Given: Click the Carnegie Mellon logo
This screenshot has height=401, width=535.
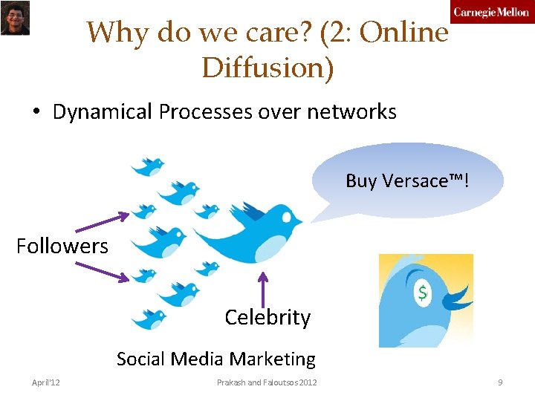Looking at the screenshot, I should [x=492, y=12].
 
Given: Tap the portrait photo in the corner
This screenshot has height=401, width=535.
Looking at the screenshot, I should [x=14, y=18].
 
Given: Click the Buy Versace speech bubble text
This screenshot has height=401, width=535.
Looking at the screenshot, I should [x=407, y=180].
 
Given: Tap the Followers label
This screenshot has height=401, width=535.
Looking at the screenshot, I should [x=62, y=246].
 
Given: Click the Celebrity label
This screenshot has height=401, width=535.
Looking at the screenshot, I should [x=267, y=317].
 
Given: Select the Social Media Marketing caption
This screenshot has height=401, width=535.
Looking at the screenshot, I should [x=215, y=359].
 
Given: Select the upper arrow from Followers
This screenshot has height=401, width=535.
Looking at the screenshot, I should [x=103, y=222].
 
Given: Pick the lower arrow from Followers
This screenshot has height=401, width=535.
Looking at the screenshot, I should [x=103, y=270].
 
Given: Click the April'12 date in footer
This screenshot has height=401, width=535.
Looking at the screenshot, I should [x=46, y=382].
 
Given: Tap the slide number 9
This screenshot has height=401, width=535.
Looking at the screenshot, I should [x=500, y=382].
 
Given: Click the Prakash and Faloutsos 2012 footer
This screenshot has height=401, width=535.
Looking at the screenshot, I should [x=267, y=382].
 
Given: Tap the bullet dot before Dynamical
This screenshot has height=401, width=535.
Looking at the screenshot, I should [x=35, y=113].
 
